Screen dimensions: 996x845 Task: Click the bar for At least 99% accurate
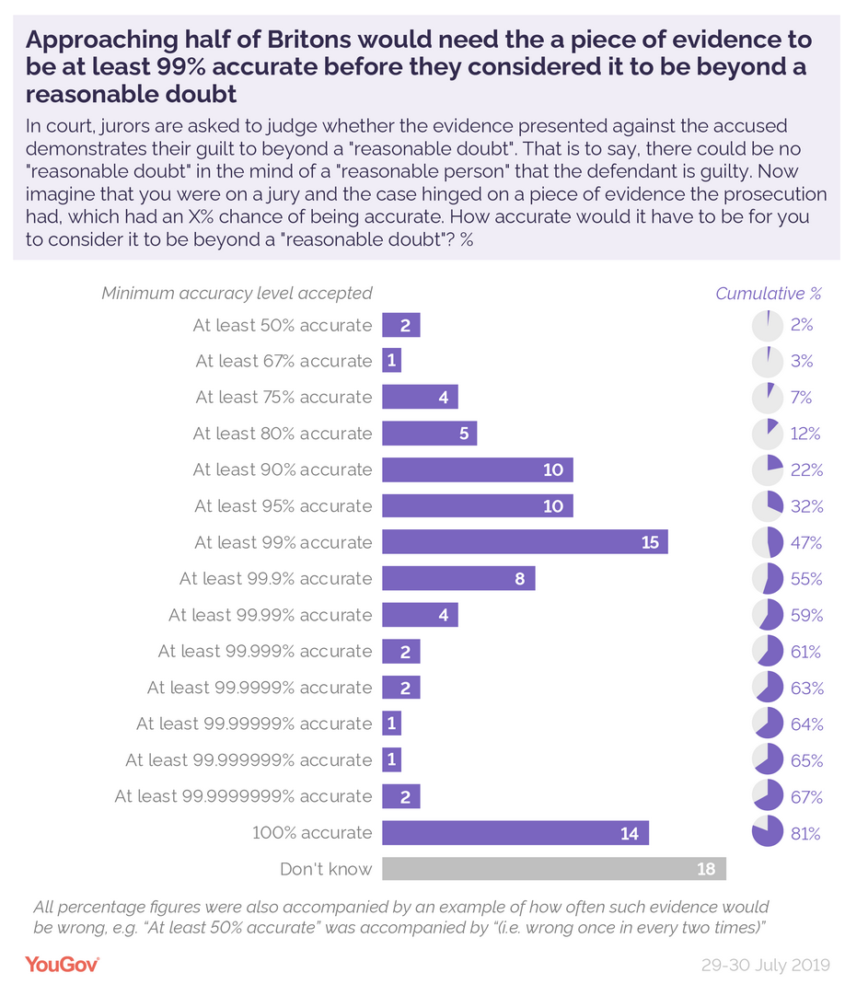525,542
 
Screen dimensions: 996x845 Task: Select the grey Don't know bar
553,869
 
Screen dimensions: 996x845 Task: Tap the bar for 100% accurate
515,833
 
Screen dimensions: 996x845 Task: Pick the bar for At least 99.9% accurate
458,579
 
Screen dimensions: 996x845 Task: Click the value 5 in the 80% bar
464,434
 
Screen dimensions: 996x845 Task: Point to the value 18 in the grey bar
706,869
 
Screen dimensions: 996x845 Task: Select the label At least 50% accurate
282,325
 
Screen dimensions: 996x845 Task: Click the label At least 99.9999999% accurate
243,796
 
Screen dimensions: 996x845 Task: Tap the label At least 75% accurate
284,398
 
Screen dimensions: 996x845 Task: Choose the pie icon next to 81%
767,832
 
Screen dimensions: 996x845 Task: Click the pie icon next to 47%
767,542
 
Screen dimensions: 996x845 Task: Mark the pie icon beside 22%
767,469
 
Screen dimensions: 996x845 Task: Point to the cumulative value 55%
806,579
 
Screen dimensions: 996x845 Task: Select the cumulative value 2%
802,325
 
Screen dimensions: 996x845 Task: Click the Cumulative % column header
768,294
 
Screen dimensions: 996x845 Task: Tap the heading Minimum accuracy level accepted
237,294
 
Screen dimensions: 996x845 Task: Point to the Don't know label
326,869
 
